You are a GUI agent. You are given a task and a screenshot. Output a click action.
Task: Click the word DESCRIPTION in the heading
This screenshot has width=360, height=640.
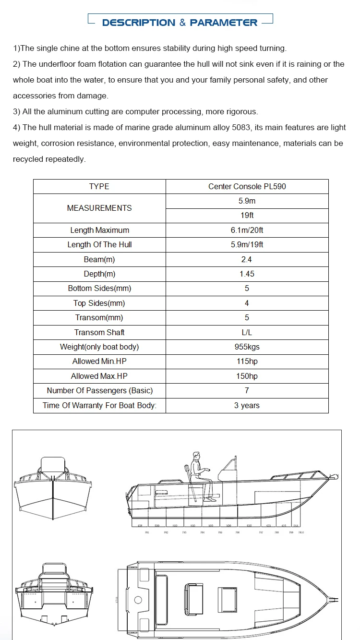[139, 23]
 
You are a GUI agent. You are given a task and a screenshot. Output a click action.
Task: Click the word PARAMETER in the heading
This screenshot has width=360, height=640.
[224, 23]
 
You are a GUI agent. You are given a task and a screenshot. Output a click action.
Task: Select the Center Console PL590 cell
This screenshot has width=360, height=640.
[247, 186]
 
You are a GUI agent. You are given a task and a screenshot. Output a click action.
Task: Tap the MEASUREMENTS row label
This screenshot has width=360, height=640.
[99, 208]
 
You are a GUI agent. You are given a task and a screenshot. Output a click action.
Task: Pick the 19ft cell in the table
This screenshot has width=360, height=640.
[247, 216]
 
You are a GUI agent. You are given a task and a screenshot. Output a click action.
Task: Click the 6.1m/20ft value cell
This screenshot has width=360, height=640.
[247, 230]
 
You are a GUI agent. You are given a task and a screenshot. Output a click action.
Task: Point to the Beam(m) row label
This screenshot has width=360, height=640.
[99, 259]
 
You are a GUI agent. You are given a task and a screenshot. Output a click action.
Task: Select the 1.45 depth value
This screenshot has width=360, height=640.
[247, 274]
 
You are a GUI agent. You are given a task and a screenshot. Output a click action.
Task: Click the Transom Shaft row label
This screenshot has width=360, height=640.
[99, 332]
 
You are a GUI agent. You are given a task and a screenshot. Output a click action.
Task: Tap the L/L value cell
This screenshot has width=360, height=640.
[247, 332]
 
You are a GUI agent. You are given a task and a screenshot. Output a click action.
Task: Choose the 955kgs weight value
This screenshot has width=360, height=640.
[247, 347]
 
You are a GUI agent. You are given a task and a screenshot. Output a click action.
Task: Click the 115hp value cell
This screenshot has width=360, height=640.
[247, 362]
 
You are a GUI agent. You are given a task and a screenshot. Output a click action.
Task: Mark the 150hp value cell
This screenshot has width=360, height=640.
[247, 376]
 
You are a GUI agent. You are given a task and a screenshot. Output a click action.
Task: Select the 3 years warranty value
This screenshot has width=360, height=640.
[247, 405]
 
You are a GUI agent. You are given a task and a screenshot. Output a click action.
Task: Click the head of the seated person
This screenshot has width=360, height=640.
[196, 455]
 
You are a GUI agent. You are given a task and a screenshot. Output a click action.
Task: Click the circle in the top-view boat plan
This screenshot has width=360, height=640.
[139, 600]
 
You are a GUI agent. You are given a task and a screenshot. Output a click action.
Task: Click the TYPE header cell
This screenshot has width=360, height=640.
[99, 186]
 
